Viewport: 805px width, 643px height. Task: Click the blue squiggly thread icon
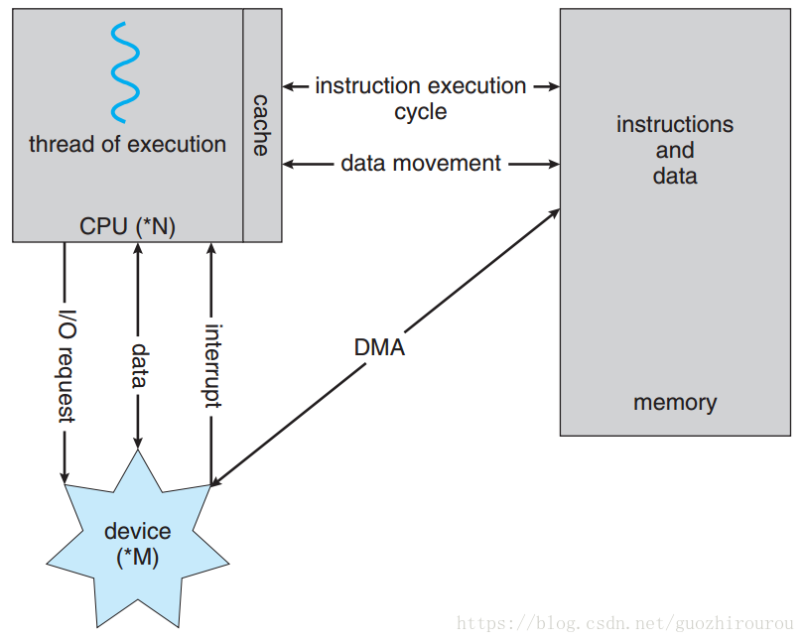pyautogui.click(x=125, y=71)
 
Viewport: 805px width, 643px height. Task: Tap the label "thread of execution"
pyautogui.click(x=127, y=144)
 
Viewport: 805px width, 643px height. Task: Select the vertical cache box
pyautogui.click(x=262, y=125)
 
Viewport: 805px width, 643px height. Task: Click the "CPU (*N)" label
pyautogui.click(x=127, y=226)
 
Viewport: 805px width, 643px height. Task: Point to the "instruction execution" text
pyautogui.click(x=421, y=85)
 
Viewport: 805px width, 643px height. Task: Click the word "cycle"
pyautogui.click(x=421, y=112)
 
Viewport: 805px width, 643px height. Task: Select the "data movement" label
pyautogui.click(x=421, y=163)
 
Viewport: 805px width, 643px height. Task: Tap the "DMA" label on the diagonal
pyautogui.click(x=379, y=347)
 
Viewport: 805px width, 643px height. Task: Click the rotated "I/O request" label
pyautogui.click(x=66, y=366)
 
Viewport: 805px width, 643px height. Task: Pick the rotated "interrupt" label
pyautogui.click(x=211, y=366)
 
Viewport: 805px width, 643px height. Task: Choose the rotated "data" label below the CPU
pyautogui.click(x=139, y=365)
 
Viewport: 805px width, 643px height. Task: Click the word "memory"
pyautogui.click(x=675, y=403)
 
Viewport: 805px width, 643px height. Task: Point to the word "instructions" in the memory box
pyautogui.click(x=675, y=124)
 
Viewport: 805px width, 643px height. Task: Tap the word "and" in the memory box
pyautogui.click(x=675, y=151)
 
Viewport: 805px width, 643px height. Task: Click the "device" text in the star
pyautogui.click(x=138, y=531)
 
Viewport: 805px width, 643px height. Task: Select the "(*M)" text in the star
pyautogui.click(x=138, y=558)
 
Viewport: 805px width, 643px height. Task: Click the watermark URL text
pyautogui.click(x=624, y=623)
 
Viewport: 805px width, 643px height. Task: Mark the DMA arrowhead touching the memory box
pyautogui.click(x=555, y=213)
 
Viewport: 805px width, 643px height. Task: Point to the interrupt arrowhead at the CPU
pyautogui.click(x=211, y=248)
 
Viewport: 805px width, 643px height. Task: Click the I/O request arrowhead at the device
pyautogui.click(x=65, y=476)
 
